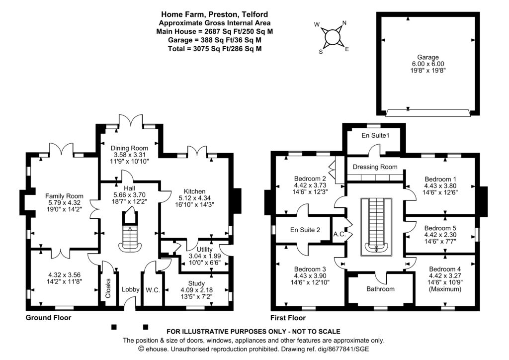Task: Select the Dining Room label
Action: tap(130, 148)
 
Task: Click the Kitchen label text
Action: tap(194, 191)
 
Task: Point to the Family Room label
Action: tap(64, 196)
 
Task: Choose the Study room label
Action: tap(196, 284)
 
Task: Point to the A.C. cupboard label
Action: tap(339, 234)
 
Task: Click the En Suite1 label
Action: tap(374, 135)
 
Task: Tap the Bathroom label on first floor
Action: tap(380, 289)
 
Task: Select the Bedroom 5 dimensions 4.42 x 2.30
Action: tap(440, 235)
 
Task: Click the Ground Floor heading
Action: tap(48, 318)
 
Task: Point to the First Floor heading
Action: tap(288, 318)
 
